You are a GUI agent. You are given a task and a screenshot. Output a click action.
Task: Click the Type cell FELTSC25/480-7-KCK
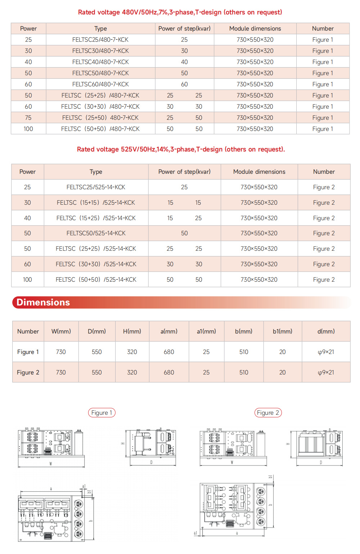tap(100, 40)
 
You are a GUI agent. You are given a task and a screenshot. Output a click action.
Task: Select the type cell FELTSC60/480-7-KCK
tap(100, 84)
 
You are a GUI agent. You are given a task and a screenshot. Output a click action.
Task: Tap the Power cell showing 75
tap(28, 118)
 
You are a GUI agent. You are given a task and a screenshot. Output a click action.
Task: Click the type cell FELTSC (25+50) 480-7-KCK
tap(100, 118)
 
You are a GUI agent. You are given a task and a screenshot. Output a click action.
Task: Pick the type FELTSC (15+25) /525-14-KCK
tap(96, 218)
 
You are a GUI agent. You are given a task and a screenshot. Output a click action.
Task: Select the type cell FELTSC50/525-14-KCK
tap(96, 233)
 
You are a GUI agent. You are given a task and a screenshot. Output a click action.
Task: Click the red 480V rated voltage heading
tap(180, 12)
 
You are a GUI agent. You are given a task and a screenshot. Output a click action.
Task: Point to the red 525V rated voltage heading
tap(181, 149)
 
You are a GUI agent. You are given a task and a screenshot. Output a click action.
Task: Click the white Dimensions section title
tap(43, 302)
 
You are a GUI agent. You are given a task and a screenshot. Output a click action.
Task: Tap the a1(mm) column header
tap(206, 331)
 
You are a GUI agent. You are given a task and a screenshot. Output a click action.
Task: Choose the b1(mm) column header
tap(283, 331)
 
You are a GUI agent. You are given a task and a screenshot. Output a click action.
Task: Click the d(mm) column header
tap(326, 331)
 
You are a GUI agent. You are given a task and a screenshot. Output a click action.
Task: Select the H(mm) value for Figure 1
tap(132, 352)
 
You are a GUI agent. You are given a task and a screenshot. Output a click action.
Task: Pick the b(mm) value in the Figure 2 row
tap(244, 372)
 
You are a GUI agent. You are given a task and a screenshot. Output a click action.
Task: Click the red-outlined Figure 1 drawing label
tap(102, 413)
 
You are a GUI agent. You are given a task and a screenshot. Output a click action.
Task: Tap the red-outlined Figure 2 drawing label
tap(268, 413)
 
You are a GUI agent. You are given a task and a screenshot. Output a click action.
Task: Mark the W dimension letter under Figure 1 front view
tap(51, 464)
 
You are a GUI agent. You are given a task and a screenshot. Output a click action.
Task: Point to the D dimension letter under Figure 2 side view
tap(321, 463)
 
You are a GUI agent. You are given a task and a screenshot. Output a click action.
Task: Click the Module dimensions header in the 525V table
tap(259, 172)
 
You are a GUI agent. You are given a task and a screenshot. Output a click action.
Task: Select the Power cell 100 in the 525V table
tap(27, 280)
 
